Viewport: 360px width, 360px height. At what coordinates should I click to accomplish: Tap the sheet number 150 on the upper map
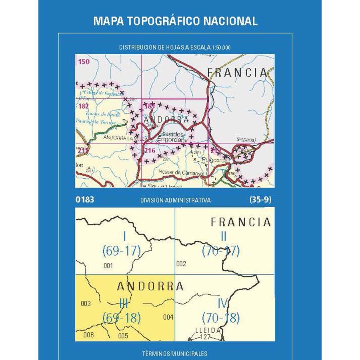click(84, 62)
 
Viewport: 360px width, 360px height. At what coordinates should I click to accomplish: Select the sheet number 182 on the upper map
click(84, 106)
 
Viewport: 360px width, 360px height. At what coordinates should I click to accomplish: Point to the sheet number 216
click(150, 150)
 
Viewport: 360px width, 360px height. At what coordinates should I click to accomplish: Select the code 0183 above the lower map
click(84, 200)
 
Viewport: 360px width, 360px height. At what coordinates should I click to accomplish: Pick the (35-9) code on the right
click(260, 200)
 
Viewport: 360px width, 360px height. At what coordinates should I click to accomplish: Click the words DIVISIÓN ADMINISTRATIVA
click(176, 200)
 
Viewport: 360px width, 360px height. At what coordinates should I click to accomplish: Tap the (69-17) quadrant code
click(122, 251)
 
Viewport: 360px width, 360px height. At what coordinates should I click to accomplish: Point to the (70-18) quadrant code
click(221, 318)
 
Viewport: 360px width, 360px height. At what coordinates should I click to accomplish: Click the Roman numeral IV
click(222, 304)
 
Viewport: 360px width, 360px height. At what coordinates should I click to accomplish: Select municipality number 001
click(108, 265)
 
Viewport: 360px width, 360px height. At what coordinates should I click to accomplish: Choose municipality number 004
click(168, 317)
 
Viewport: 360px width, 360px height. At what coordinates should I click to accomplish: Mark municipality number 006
click(89, 335)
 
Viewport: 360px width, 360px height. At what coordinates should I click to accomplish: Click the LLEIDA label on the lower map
click(207, 330)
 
